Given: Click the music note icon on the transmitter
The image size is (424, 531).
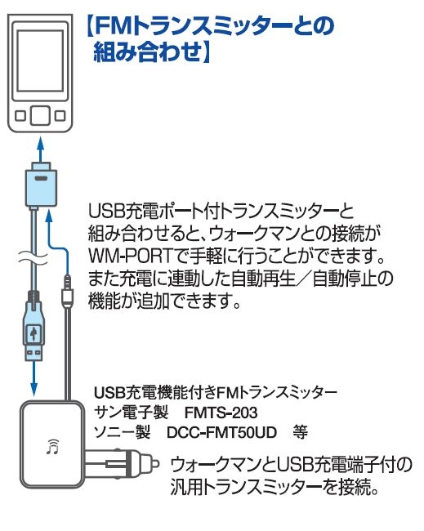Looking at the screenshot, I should (x=53, y=447).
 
